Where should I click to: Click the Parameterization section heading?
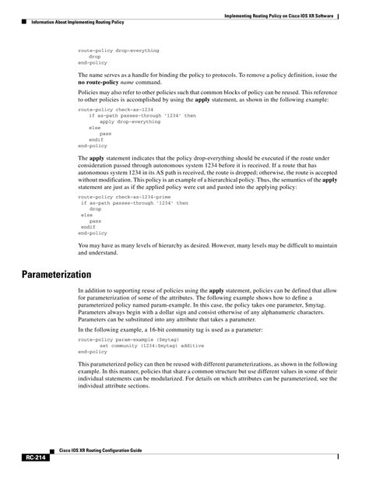tap(56, 275)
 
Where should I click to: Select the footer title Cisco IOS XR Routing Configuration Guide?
tap(102, 451)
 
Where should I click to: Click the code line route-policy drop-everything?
tap(118, 51)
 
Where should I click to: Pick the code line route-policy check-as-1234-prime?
tap(129, 198)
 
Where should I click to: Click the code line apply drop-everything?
tap(129, 121)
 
